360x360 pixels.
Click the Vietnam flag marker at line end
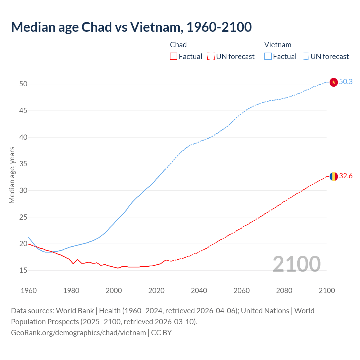(x=333, y=82)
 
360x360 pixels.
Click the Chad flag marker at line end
(x=333, y=176)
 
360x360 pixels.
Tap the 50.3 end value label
(x=346, y=82)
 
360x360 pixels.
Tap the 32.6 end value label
(x=346, y=176)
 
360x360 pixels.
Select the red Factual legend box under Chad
(x=174, y=57)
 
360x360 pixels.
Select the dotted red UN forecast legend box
(x=211, y=57)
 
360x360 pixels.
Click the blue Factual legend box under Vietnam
(x=268, y=57)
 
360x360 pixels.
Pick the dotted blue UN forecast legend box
(x=305, y=57)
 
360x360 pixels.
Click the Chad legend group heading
(x=178, y=45)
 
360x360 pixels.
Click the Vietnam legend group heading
(x=278, y=45)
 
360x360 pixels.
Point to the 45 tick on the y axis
(x=23, y=111)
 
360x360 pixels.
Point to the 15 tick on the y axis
(x=23, y=271)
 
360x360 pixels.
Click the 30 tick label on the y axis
(x=23, y=191)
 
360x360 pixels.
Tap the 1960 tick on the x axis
(x=29, y=291)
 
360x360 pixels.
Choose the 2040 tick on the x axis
(x=199, y=291)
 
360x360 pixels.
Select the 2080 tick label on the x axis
(x=284, y=291)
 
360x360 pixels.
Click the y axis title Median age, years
(x=12, y=175)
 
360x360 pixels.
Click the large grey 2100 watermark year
(x=296, y=264)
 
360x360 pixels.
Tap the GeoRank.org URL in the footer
(x=78, y=333)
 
